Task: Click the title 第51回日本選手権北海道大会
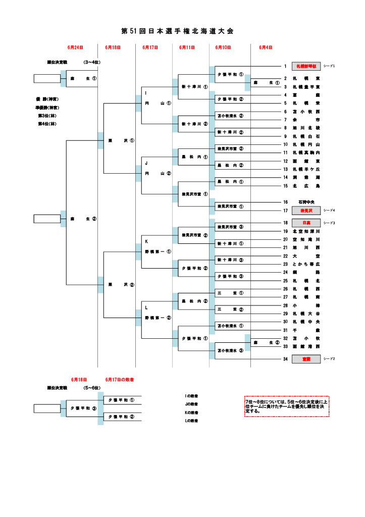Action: tap(178, 31)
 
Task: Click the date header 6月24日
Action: tap(75, 47)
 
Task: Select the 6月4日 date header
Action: tap(266, 47)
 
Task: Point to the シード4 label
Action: tap(329, 210)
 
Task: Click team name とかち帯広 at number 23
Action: tap(306, 264)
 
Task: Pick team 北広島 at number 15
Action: tap(306, 186)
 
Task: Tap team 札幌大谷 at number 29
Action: tap(306, 314)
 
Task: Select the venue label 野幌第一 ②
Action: tap(158, 318)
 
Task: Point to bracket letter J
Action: tap(146, 164)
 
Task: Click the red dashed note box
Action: tap(286, 406)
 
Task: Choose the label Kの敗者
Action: tap(191, 412)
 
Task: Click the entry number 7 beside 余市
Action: tap(285, 120)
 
